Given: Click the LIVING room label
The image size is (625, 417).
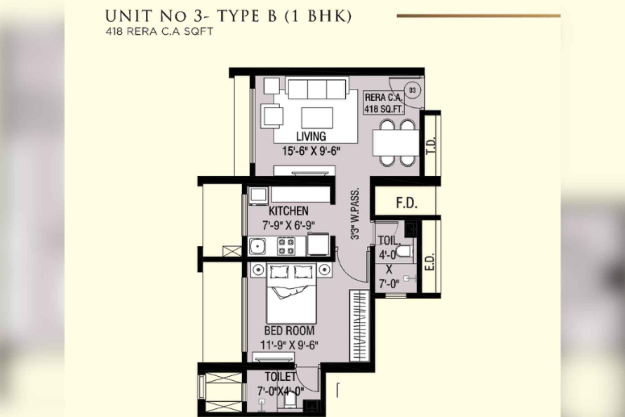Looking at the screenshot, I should pos(311,137).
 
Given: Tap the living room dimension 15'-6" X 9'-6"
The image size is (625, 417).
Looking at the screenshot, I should pos(311,151).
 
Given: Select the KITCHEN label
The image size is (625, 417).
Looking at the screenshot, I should pos(288,211).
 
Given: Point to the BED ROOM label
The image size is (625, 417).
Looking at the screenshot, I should pos(289,331).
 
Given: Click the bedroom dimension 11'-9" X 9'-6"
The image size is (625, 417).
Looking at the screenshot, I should pos(289,345).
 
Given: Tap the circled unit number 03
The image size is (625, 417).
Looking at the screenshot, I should pos(412,90).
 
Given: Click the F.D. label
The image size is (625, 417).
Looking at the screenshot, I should pos(406,203).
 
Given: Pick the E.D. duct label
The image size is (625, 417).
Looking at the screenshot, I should pos(431,262).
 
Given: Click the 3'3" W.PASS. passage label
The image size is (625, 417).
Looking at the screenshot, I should pos(355,213).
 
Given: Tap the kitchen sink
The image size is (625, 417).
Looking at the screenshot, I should pos(257,246).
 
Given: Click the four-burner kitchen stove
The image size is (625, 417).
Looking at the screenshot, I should pos(286,246).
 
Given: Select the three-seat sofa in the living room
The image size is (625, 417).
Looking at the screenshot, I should pos(317,89).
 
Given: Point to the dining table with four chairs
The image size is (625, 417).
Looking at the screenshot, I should pos(396,143).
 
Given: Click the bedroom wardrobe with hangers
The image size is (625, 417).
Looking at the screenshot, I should pos(360,325).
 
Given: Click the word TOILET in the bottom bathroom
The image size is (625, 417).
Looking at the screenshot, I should pos(280,377).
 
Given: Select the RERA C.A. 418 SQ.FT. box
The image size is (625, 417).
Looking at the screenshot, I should pos(384,103).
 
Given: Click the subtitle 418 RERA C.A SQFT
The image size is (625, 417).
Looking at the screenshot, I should pos(159,32).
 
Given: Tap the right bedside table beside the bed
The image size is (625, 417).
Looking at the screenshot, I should pos(324,270).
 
